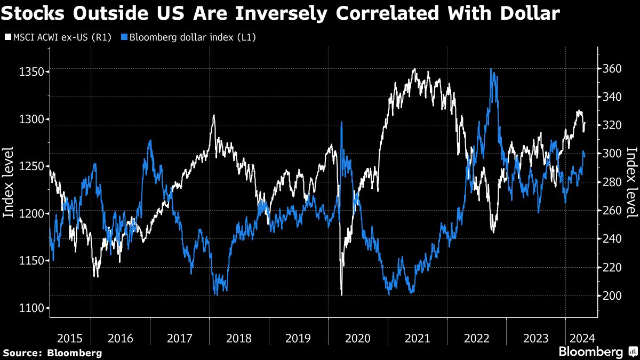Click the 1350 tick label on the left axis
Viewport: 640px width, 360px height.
(x=31, y=71)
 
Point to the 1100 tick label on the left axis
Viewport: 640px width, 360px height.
(x=31, y=308)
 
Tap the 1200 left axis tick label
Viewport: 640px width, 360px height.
(x=31, y=213)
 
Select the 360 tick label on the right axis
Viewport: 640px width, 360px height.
(x=612, y=69)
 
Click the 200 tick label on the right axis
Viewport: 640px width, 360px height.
(x=612, y=295)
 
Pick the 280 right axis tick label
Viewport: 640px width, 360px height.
(x=612, y=182)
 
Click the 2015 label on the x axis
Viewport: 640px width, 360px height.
(x=70, y=339)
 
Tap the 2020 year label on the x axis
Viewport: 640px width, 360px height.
(x=358, y=339)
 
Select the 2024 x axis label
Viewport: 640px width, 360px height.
(x=582, y=339)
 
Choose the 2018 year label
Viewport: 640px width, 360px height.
(x=239, y=339)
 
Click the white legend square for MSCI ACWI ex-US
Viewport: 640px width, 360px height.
(x=8, y=37)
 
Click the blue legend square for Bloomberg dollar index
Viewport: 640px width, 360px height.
(x=124, y=37)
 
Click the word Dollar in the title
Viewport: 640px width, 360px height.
(x=530, y=13)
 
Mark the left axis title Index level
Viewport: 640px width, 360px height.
(x=8, y=182)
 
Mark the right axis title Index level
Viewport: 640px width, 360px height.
(x=632, y=182)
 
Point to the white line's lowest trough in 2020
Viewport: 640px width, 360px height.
(x=341, y=295)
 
